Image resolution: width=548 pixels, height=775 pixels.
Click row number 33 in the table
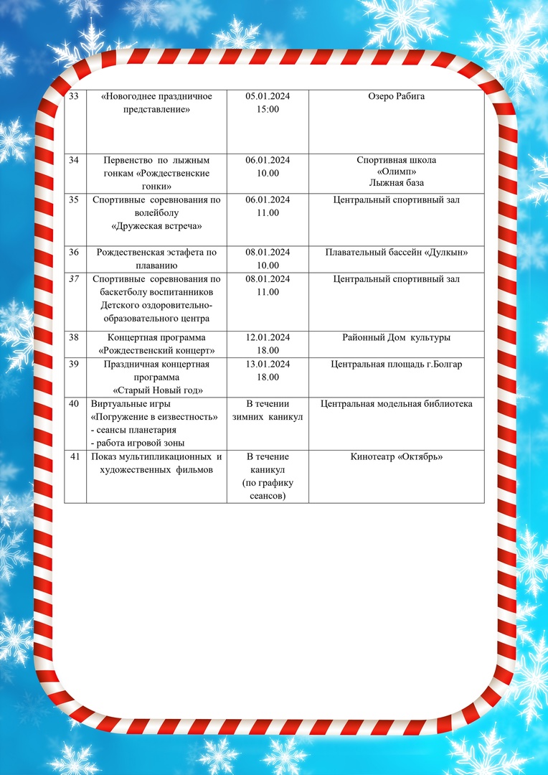click(x=74, y=96)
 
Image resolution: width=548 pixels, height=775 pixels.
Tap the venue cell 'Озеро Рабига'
click(x=396, y=96)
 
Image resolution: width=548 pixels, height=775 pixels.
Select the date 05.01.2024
click(x=268, y=96)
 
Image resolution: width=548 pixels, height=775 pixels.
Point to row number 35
click(x=74, y=200)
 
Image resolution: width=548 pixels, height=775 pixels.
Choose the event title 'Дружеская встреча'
click(x=156, y=226)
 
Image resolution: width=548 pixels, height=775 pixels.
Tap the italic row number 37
click(x=74, y=279)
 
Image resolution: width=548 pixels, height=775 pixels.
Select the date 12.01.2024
click(x=268, y=337)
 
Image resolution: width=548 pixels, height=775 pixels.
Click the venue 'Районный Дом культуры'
click(x=396, y=337)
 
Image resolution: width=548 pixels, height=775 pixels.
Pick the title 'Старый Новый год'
click(x=156, y=390)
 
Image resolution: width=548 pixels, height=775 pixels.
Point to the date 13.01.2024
click(x=268, y=364)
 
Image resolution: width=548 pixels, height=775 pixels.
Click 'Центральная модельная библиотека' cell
click(x=396, y=404)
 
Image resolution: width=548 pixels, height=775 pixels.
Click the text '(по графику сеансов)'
click(x=268, y=489)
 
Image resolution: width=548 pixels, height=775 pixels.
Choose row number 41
click(x=74, y=456)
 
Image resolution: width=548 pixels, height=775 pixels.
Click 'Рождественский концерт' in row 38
click(x=156, y=351)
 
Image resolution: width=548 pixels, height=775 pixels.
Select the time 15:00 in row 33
click(x=268, y=109)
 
